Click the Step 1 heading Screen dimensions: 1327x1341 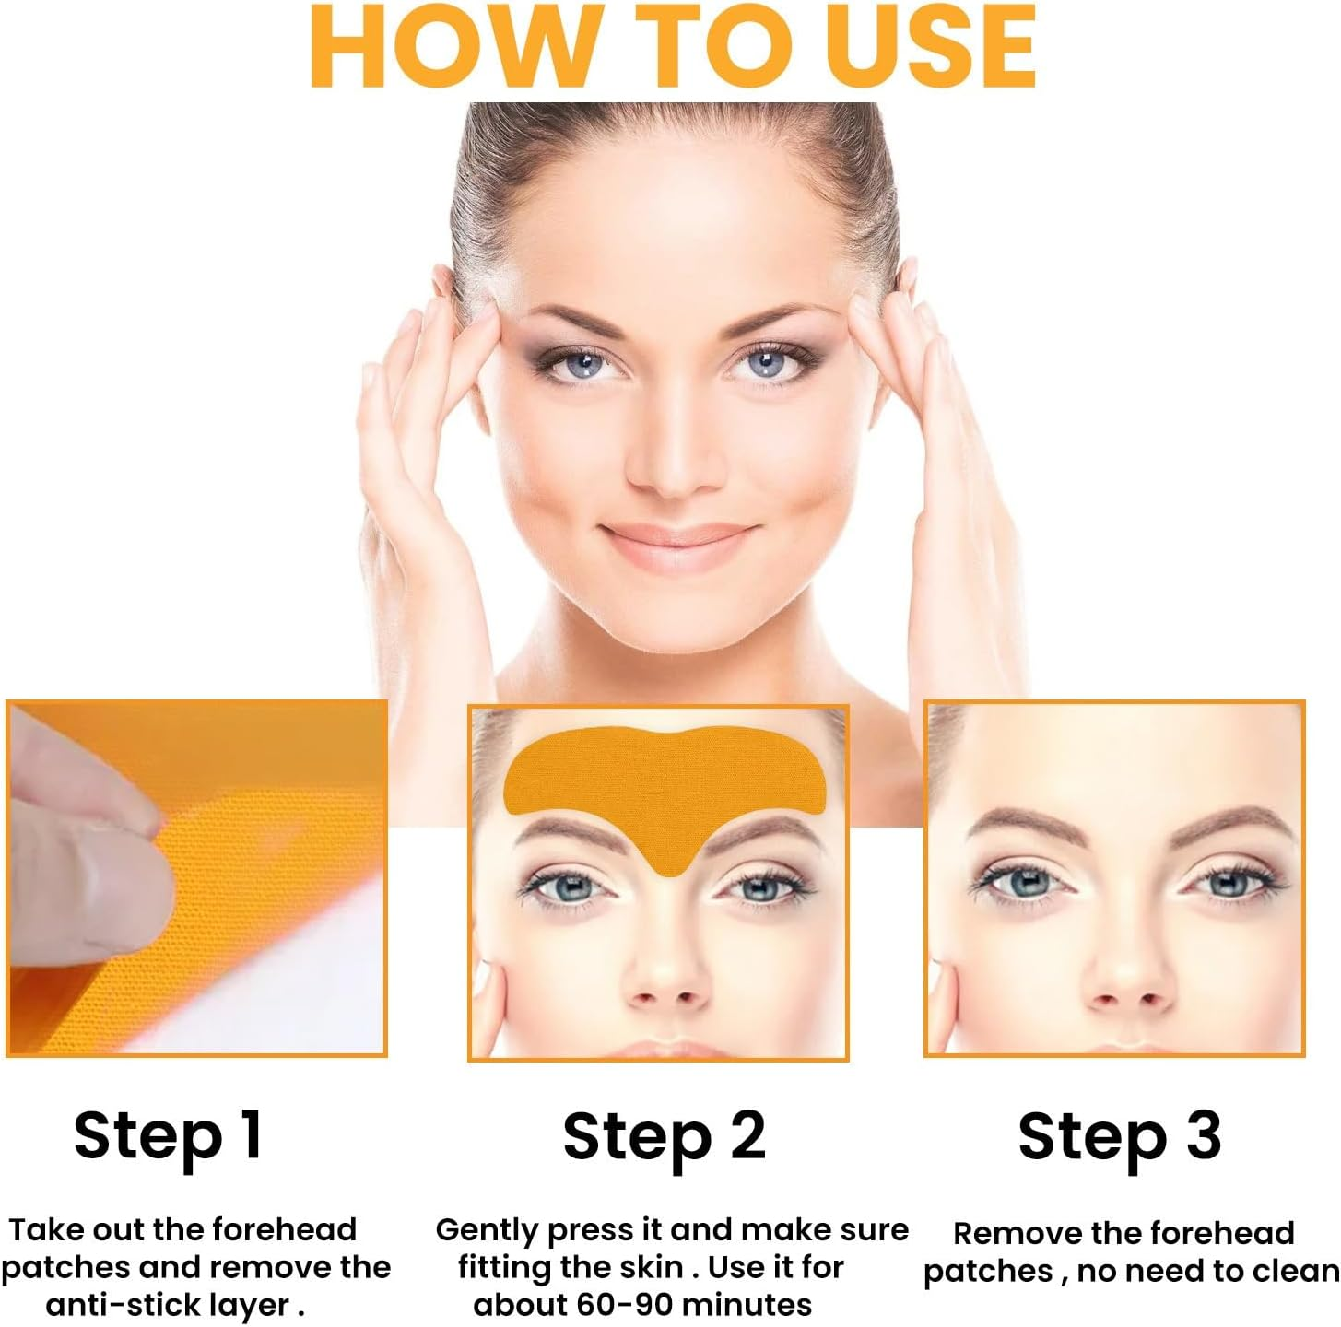[169, 1135]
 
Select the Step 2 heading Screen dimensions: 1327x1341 [664, 1135]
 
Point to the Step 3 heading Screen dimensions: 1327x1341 [1119, 1135]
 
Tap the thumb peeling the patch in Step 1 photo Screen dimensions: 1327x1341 [83, 885]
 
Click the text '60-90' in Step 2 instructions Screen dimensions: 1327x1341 [627, 1305]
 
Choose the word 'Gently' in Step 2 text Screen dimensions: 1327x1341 [486, 1230]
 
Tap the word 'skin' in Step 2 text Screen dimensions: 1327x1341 [652, 1267]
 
